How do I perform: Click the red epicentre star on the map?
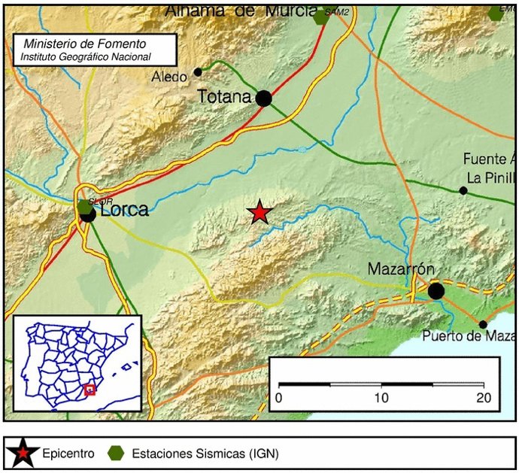[x=259, y=213]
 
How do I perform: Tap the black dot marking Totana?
[x=263, y=99]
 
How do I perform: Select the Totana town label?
[x=224, y=96]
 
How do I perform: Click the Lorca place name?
[x=124, y=210]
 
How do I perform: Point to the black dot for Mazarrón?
[x=436, y=290]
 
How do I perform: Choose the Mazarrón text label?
[x=401, y=269]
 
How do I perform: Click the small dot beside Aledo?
[x=198, y=72]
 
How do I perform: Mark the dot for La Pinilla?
[x=463, y=190]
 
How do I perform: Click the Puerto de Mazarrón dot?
[x=483, y=325]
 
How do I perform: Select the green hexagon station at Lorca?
[x=83, y=206]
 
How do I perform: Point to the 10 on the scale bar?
[x=381, y=397]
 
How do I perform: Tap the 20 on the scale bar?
[x=483, y=397]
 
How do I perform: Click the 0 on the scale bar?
[x=279, y=397]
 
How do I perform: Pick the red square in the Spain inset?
[x=90, y=389]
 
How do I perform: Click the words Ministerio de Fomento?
[x=85, y=44]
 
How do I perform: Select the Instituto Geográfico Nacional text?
[x=86, y=56]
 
